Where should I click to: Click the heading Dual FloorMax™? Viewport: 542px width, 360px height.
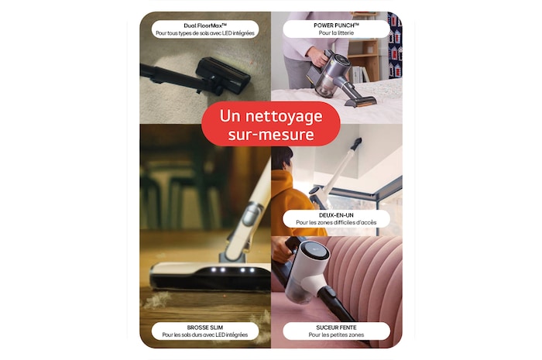tap(205, 26)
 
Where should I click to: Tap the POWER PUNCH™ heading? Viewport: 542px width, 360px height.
tap(336, 26)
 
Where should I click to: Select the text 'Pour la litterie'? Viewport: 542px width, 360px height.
tap(336, 33)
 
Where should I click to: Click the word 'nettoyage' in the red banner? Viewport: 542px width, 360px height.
tap(284, 116)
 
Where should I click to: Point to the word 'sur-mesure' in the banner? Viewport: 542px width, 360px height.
tap(271, 135)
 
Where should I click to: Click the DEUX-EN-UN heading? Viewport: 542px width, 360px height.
tap(336, 215)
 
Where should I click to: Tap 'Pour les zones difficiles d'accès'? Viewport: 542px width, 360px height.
tap(336, 223)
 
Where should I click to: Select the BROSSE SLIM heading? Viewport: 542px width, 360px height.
tap(205, 327)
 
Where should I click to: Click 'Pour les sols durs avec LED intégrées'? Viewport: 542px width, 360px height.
tap(205, 335)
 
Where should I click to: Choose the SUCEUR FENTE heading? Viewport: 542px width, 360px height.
tap(336, 327)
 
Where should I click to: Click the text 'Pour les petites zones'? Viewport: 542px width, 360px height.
tap(336, 335)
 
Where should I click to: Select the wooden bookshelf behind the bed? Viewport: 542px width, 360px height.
tap(363, 60)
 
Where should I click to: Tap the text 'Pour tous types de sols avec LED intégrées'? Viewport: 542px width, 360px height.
tap(205, 33)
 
